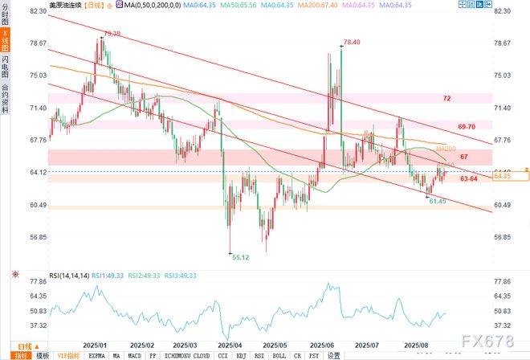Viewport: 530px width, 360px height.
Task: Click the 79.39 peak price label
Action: click(x=112, y=33)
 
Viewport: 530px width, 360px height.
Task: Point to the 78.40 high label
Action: click(x=351, y=42)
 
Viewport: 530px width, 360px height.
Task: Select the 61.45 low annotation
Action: click(x=436, y=201)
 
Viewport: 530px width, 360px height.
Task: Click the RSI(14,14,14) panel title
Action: click(x=69, y=275)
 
